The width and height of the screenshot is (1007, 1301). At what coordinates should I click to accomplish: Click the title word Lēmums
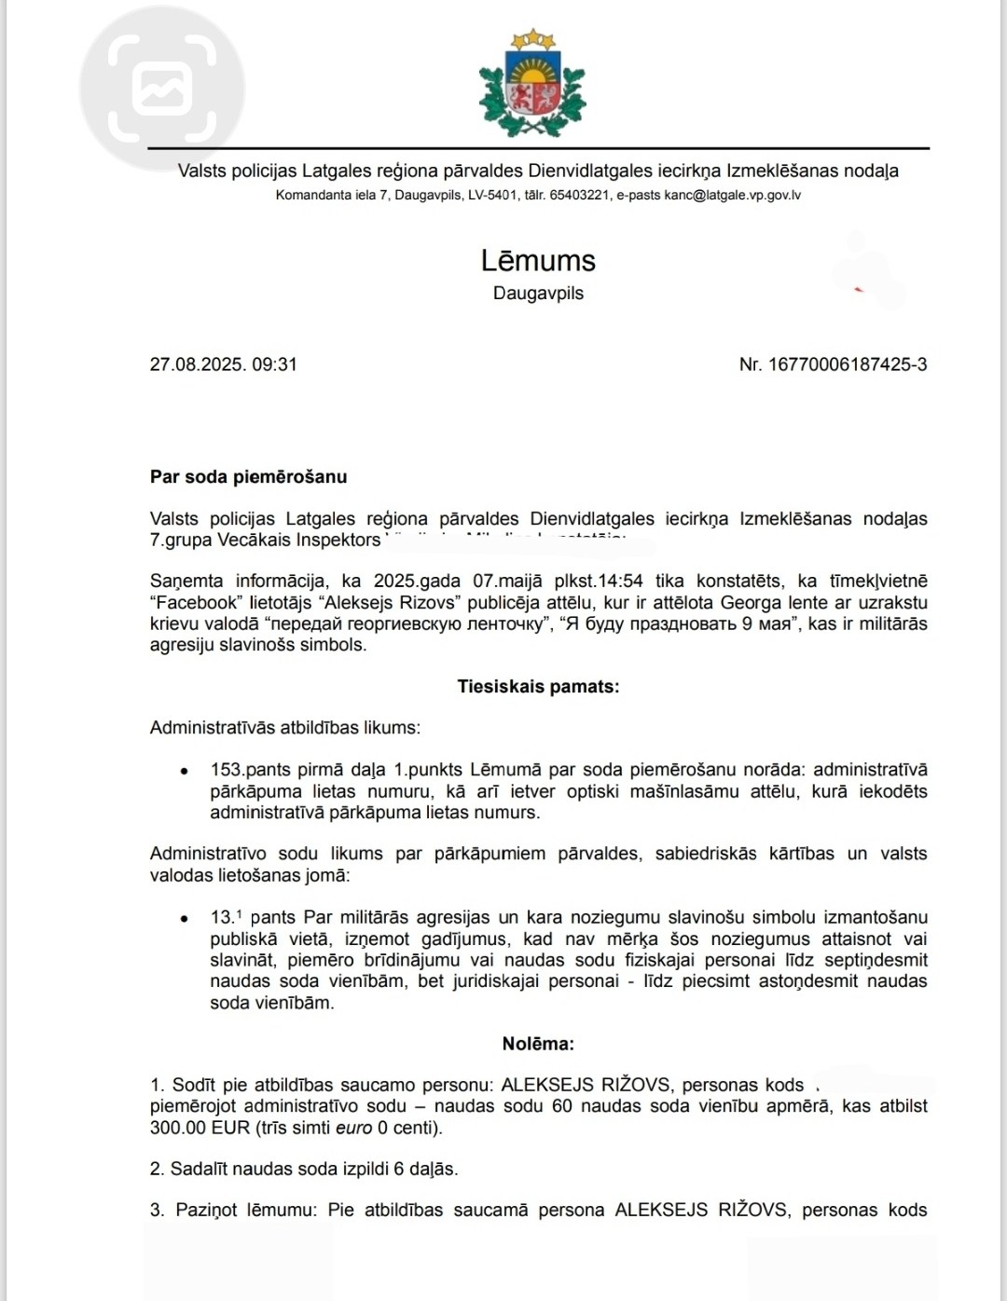[538, 260]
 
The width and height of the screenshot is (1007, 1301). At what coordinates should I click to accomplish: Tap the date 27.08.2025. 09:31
[223, 364]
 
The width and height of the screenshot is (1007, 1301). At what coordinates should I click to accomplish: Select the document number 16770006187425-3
[847, 364]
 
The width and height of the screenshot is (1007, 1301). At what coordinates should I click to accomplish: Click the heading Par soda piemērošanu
[248, 477]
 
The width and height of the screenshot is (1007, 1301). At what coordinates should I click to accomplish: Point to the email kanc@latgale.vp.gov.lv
[733, 196]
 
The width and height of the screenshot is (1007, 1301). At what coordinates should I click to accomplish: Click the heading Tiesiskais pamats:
[538, 687]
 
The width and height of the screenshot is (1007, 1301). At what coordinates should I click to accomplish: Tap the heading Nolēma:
[538, 1044]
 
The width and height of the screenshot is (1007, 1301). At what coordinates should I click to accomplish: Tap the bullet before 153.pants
[185, 772]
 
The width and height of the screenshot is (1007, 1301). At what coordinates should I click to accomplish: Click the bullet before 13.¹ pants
[185, 919]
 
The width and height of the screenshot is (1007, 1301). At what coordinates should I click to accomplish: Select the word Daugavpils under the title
[538, 294]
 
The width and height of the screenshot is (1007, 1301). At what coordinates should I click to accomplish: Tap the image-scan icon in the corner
[162, 89]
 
